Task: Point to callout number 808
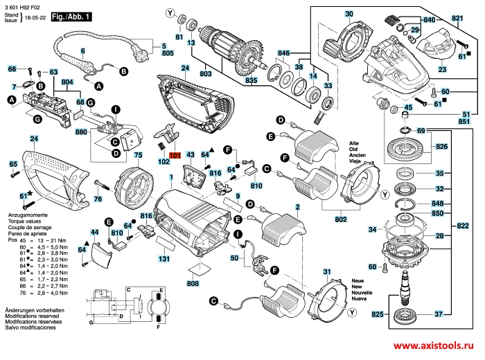tap(193, 283)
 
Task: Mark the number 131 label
tap(164, 259)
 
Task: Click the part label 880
tap(81, 132)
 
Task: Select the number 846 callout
tap(283, 53)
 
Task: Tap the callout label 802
tap(340, 219)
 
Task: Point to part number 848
tap(436, 204)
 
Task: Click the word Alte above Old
tap(354, 143)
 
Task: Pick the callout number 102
tap(164, 161)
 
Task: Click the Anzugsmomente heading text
tap(24, 217)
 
